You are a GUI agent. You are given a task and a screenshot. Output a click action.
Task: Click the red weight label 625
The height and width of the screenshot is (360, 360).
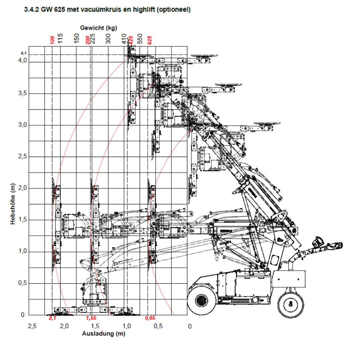coord(150,40)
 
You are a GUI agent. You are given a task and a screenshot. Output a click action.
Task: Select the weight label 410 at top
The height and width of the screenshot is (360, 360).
coord(124,39)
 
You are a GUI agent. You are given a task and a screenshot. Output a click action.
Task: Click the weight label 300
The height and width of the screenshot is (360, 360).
coord(108,39)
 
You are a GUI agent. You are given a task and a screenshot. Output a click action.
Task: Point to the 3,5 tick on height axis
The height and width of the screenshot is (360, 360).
coord(22,93)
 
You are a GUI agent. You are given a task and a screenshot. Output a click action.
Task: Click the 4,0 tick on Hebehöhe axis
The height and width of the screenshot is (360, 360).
coord(22,61)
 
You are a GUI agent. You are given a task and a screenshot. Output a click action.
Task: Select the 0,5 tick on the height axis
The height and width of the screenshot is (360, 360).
coord(22,283)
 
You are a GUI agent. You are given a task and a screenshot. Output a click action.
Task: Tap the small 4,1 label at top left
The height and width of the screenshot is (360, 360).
coord(23,53)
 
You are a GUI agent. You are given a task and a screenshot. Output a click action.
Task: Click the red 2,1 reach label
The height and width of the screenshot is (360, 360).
coord(52,318)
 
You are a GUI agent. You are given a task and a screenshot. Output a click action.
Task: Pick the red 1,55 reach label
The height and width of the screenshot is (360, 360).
coord(91,318)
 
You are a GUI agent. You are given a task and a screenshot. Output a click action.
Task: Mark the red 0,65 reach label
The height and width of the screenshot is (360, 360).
coord(150,318)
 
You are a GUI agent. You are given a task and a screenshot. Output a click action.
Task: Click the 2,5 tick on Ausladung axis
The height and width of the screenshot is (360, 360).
coord(32,326)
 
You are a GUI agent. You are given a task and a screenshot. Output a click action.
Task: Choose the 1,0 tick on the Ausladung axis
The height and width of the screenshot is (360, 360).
coord(127,326)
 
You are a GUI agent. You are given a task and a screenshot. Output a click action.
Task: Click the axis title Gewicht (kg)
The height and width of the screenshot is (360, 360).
coord(98,28)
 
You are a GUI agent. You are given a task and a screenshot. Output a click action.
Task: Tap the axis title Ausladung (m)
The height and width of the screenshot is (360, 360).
coord(104,334)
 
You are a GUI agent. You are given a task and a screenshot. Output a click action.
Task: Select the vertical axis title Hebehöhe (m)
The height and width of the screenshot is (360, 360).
coord(13,204)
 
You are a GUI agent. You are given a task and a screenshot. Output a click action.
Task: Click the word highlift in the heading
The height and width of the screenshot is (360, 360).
coord(142,10)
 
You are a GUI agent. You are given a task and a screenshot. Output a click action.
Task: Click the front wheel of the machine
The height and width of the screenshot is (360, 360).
coord(201,301)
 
